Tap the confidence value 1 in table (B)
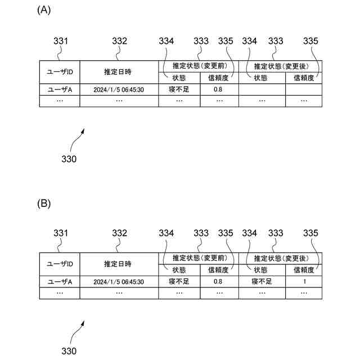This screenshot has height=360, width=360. pyautogui.click(x=304, y=281)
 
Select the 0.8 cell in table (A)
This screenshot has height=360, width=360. pyautogui.click(x=218, y=89)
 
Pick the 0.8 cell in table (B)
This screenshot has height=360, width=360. pyautogui.click(x=218, y=281)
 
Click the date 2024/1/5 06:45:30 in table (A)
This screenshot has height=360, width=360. pyautogui.click(x=119, y=89)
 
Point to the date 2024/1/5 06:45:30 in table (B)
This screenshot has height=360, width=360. pyautogui.click(x=119, y=281)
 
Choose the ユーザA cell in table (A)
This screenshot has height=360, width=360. pyautogui.click(x=60, y=89)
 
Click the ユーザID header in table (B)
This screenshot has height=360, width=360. pyautogui.click(x=60, y=264)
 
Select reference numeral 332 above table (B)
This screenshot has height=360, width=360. pyautogui.click(x=119, y=233)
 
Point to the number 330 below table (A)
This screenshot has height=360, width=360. pyautogui.click(x=69, y=159)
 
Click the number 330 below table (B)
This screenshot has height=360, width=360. pyautogui.click(x=69, y=351)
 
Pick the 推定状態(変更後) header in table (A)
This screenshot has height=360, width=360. pyautogui.click(x=280, y=66)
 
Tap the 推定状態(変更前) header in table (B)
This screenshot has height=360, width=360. pyautogui.click(x=199, y=258)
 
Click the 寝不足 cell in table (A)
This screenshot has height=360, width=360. pyautogui.click(x=179, y=89)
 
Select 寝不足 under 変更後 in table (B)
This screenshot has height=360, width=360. pyautogui.click(x=262, y=281)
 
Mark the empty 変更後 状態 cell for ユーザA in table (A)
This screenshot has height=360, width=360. pyautogui.click(x=262, y=89)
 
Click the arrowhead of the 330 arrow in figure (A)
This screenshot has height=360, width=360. pyautogui.click(x=84, y=129)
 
